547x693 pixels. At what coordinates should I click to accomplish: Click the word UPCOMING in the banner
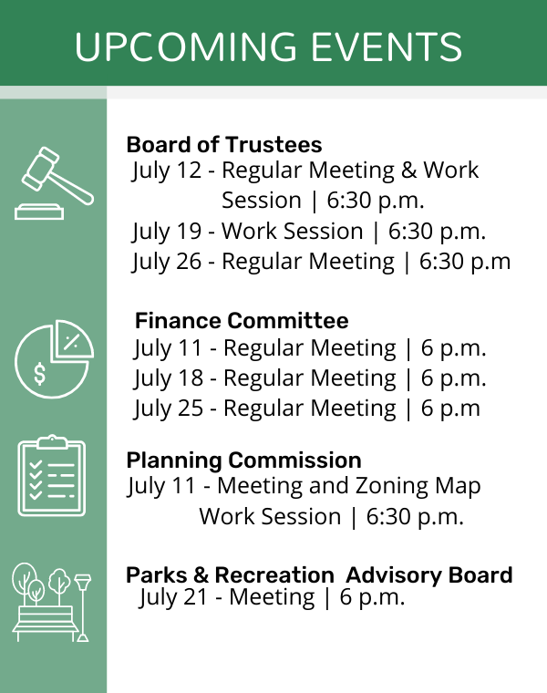pyautogui.click(x=186, y=47)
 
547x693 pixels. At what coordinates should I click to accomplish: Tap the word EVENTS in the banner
pyautogui.click(x=387, y=47)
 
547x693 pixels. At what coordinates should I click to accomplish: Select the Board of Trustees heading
pyautogui.click(x=224, y=144)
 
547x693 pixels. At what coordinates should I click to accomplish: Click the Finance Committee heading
pyautogui.click(x=242, y=320)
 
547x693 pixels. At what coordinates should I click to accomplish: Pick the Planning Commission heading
pyautogui.click(x=244, y=460)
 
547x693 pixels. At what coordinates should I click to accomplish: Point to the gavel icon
pyautogui.click(x=54, y=182)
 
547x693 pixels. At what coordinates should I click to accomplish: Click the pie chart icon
pyautogui.click(x=54, y=359)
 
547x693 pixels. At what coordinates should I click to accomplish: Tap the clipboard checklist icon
pyautogui.click(x=52, y=475)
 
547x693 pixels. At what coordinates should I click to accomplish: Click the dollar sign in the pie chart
pyautogui.click(x=39, y=374)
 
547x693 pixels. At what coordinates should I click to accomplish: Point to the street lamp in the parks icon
pyautogui.click(x=82, y=607)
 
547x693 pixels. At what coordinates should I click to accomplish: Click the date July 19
pyautogui.click(x=167, y=232)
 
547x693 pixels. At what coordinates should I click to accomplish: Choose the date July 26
pyautogui.click(x=167, y=262)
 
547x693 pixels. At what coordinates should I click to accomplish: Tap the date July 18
pyautogui.click(x=169, y=378)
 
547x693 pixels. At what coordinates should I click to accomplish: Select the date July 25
pyautogui.click(x=169, y=409)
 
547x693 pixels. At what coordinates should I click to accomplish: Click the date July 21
pyautogui.click(x=173, y=598)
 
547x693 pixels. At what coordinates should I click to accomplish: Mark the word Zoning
pyautogui.click(x=391, y=487)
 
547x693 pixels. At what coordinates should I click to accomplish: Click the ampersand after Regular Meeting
pyautogui.click(x=408, y=171)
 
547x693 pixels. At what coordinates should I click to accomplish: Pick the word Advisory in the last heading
pyautogui.click(x=394, y=575)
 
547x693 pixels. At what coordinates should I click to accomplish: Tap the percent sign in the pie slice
pyautogui.click(x=71, y=342)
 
